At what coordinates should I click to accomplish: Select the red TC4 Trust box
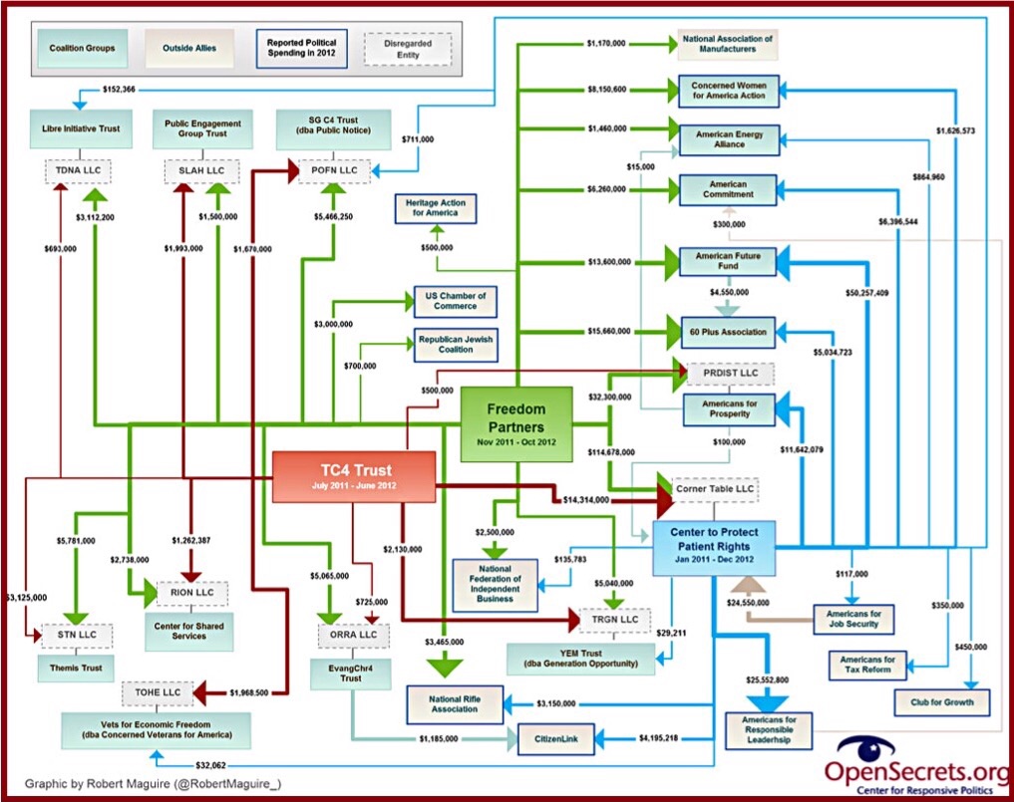[354, 476]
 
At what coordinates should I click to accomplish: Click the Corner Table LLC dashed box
[715, 491]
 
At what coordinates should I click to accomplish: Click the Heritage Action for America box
[437, 208]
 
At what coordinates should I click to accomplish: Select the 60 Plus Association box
[723, 332]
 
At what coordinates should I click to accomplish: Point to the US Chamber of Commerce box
[455, 301]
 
